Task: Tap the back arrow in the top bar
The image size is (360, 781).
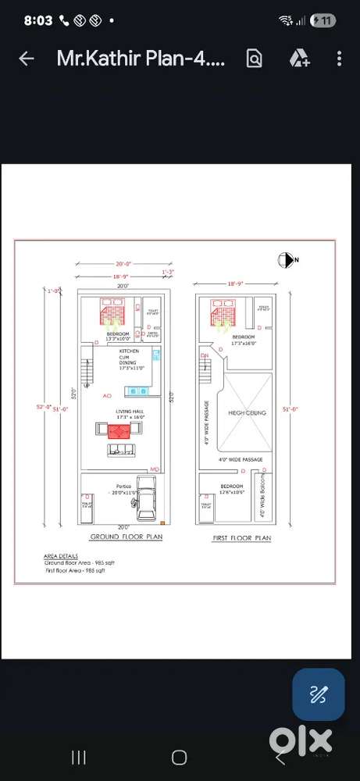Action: point(26,59)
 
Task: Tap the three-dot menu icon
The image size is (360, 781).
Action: point(339,59)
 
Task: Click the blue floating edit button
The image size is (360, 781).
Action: point(318,694)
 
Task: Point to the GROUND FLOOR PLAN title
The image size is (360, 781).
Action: point(126,537)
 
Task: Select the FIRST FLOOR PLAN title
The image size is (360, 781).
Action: point(241,538)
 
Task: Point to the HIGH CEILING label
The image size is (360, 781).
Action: point(247,412)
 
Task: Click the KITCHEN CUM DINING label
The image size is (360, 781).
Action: point(128,358)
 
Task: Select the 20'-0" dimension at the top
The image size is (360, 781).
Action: point(123,263)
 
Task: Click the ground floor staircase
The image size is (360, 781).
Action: point(87,371)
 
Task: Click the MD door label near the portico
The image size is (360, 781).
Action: point(155,469)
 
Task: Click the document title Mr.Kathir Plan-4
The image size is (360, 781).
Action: point(141,59)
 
